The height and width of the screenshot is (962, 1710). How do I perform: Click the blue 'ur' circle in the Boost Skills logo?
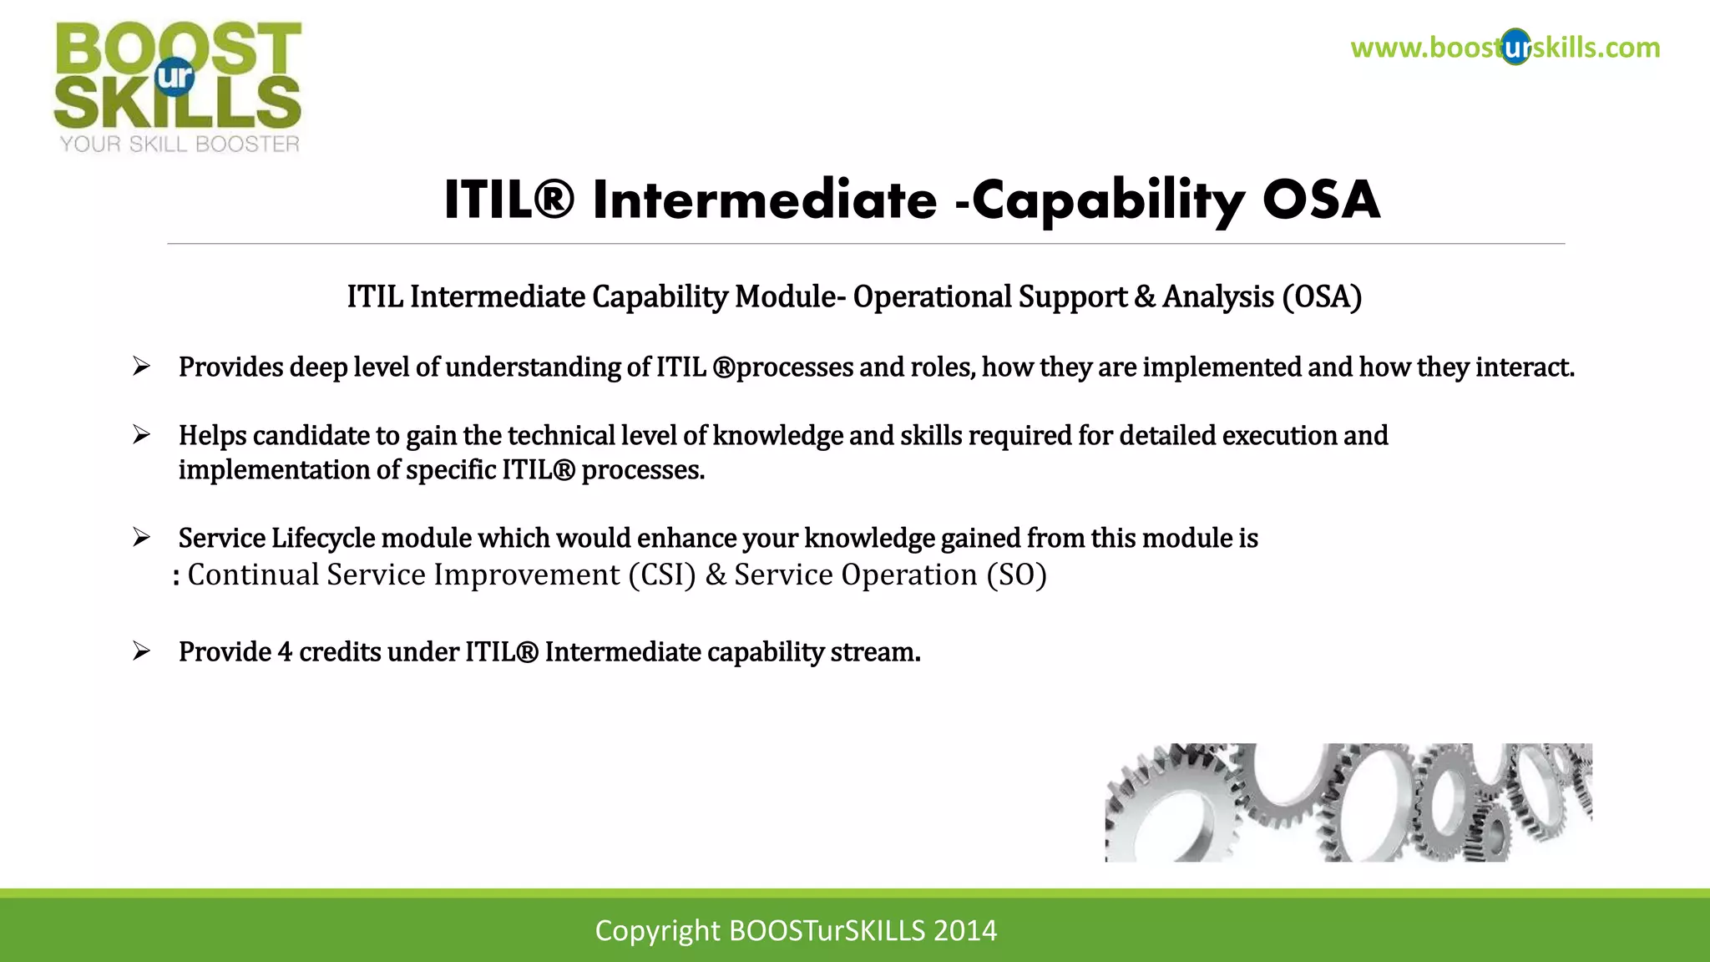175,77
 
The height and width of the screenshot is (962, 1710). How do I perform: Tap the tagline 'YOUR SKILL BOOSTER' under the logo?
180,144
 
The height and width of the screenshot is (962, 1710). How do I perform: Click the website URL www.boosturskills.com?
1505,48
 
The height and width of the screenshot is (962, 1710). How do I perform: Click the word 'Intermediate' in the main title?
765,200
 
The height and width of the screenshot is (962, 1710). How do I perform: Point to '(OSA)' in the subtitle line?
1322,297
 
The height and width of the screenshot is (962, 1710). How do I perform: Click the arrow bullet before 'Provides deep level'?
141,367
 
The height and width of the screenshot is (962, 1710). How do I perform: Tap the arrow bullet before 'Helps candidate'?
141,435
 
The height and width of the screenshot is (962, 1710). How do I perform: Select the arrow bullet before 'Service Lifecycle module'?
141,538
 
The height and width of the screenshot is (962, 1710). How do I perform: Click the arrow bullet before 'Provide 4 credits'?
141,651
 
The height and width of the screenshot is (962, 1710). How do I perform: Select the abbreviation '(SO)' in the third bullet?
1016,575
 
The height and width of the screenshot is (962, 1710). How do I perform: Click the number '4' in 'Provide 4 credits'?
285,652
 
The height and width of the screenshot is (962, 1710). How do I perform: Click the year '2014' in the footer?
965,930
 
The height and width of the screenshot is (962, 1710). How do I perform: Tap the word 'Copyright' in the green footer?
657,930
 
